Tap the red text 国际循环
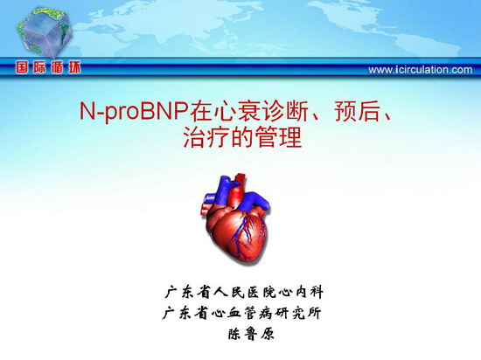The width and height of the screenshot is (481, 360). (x=48, y=67)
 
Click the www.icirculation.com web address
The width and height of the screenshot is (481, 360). (x=421, y=70)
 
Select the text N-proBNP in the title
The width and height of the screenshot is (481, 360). (x=134, y=112)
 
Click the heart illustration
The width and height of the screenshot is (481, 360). (x=235, y=218)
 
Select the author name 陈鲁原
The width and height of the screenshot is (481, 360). (x=251, y=334)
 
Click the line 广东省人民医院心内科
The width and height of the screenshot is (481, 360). (x=244, y=292)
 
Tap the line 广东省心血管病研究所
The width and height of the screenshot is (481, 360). (x=241, y=313)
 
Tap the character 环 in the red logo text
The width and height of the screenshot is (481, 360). (x=74, y=67)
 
